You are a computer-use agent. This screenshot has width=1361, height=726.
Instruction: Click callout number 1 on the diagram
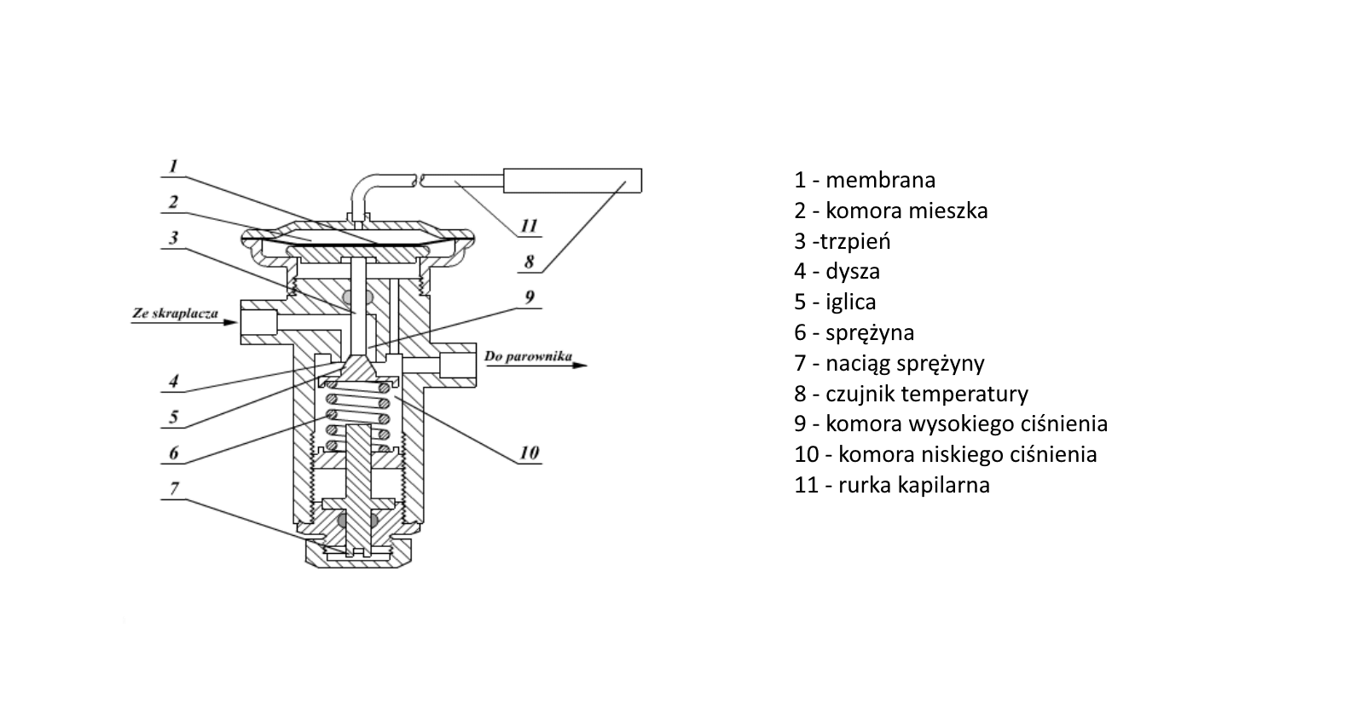pos(173,165)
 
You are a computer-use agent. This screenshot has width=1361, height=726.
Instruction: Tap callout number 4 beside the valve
pos(174,380)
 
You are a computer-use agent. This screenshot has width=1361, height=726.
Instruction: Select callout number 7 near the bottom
pos(175,488)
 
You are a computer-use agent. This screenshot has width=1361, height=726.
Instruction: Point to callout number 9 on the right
pos(530,297)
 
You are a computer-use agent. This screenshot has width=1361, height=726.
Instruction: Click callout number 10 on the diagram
pos(530,452)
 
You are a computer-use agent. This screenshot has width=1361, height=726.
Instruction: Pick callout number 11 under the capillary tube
pos(530,226)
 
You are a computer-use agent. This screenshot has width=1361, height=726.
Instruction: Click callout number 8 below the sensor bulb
pos(530,262)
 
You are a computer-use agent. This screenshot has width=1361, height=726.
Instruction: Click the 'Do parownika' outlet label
pos(528,355)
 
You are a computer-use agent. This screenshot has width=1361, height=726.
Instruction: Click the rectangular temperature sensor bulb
pos(572,180)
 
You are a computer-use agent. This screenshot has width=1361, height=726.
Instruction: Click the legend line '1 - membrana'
pos(865,180)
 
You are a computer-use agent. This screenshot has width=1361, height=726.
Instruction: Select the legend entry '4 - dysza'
pos(837,271)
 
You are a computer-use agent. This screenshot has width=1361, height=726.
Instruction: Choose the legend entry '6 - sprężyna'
pos(854,332)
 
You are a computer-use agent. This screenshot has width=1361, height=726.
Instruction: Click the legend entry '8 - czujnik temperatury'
pos(911,394)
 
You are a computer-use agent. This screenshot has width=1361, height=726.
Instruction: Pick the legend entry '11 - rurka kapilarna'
pos(892,485)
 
